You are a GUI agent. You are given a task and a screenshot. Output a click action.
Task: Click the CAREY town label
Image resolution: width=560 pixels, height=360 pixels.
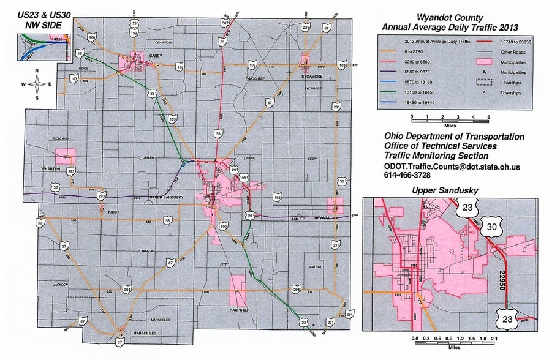point(154,56)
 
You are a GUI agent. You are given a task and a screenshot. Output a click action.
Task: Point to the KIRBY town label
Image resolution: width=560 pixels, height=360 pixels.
point(114,212)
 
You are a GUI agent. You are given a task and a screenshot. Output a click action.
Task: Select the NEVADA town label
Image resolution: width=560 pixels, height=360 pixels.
point(323,217)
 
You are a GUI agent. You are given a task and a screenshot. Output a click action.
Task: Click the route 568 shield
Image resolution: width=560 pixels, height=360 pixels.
point(92,38)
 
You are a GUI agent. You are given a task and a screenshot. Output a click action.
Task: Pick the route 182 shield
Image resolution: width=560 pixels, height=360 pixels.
point(278,198)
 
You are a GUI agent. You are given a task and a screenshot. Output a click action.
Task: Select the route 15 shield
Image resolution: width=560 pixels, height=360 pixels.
point(79,54)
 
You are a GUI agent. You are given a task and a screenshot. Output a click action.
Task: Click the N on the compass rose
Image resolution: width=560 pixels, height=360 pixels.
point(37,71)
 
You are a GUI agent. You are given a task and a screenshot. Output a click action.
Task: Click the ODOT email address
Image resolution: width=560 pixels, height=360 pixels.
point(452,167)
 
